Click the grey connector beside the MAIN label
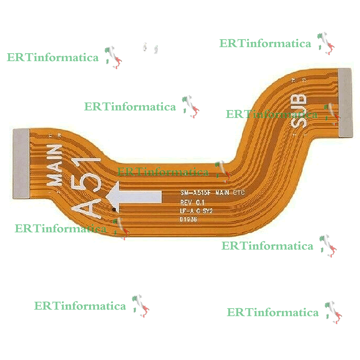[x=21, y=163]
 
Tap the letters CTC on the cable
[x=238, y=193]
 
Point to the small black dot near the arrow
[x=114, y=209]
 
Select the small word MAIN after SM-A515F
[x=222, y=193]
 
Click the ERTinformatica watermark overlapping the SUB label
[x=272, y=115]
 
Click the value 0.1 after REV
[x=200, y=202]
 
